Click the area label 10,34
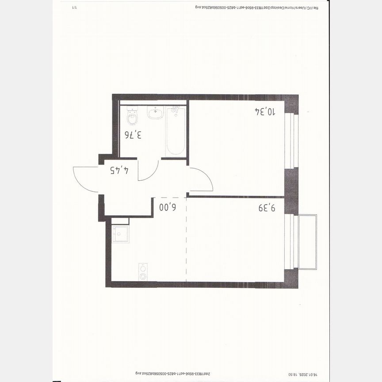pos(265,111)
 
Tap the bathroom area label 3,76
pos(133,135)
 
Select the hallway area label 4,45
pos(119,170)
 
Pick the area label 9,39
pos(267,207)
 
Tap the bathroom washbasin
pos(155,113)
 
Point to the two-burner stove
pos(143,271)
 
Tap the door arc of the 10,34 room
pos(201,180)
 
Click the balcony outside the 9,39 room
pos(308,242)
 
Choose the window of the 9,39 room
pos(290,241)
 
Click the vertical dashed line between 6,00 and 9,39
pos(186,239)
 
